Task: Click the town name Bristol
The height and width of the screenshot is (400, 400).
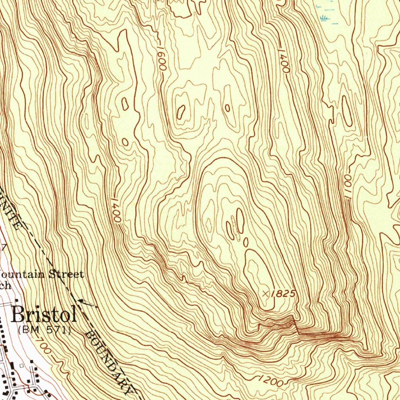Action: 43,314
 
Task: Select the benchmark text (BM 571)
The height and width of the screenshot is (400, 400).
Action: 45,330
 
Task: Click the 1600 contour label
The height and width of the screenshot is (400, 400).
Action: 162,59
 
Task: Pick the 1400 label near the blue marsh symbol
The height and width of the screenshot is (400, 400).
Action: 284,61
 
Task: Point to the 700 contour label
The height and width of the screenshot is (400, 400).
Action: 44,346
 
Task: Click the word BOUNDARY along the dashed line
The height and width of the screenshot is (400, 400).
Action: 111,362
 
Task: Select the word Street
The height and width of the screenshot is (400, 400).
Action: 66,274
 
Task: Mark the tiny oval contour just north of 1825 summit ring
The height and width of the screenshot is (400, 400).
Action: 246,242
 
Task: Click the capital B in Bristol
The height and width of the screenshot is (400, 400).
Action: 18,314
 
